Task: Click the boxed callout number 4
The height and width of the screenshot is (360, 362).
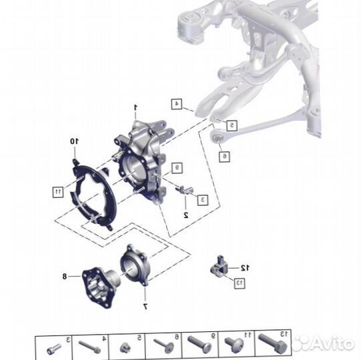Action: [177, 104]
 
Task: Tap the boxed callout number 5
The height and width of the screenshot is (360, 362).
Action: [232, 125]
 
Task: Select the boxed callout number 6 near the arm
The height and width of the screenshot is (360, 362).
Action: [224, 156]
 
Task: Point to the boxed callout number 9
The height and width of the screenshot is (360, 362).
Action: [177, 168]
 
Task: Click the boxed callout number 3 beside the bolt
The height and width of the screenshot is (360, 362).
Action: [203, 200]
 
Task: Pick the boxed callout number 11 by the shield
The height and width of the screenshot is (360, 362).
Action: [58, 191]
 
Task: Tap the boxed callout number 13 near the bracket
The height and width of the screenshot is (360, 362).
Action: [239, 283]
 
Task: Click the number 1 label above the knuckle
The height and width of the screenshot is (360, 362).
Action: [136, 107]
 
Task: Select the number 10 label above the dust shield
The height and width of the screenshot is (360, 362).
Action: [75, 141]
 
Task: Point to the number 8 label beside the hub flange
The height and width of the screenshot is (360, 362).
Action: [65, 276]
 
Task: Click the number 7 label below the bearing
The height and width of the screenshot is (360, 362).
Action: [145, 307]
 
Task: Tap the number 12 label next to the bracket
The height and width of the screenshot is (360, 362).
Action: [245, 268]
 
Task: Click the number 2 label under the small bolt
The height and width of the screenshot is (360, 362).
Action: [186, 215]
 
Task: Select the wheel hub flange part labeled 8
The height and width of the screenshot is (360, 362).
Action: [101, 287]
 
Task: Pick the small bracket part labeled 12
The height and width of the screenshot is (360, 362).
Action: [219, 267]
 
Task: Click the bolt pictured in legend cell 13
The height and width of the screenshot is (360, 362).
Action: [273, 343]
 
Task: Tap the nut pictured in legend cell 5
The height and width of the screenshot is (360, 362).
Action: [126, 348]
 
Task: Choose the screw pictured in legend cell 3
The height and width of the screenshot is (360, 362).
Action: [54, 349]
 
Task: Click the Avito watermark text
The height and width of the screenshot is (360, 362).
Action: [333, 343]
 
